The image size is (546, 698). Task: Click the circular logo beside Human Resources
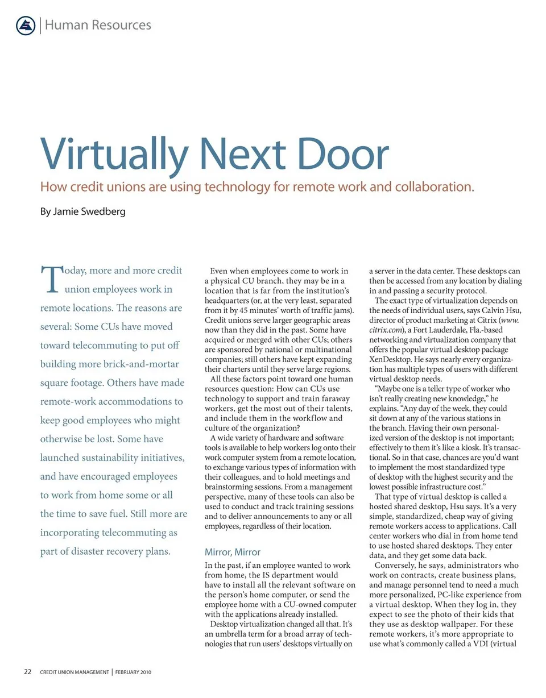(x=26, y=26)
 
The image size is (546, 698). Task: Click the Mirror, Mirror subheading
(x=232, y=551)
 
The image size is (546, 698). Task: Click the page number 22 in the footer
(x=27, y=672)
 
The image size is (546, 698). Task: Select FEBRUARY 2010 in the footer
(x=133, y=672)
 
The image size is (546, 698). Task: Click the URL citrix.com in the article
(x=384, y=330)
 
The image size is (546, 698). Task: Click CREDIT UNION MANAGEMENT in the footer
(x=75, y=672)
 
